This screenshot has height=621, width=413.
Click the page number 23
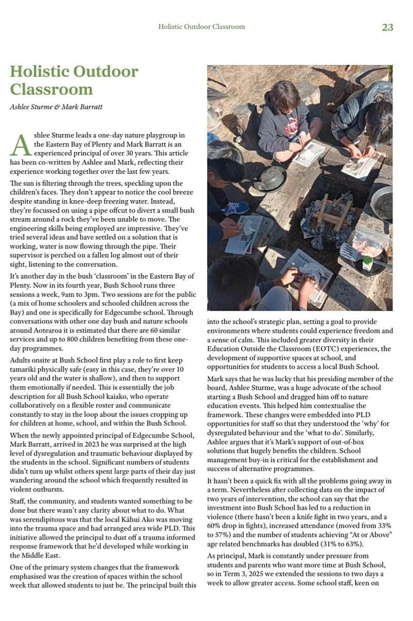(387, 27)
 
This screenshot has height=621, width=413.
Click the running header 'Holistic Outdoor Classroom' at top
(202, 27)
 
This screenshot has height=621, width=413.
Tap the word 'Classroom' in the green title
(51, 88)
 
